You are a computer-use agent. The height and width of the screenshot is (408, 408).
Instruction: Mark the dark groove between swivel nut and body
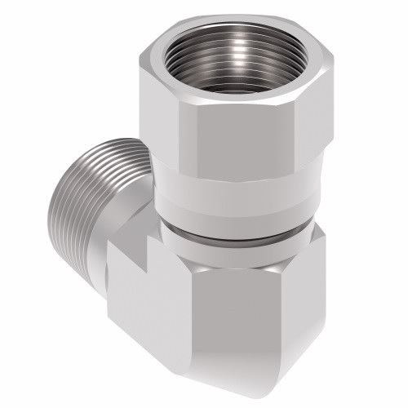pos(237,234)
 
